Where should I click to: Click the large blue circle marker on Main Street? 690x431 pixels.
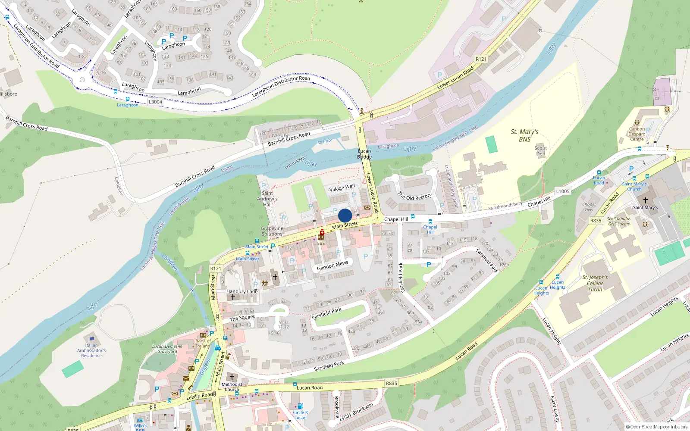[345, 215]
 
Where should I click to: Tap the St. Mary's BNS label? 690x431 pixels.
[524, 135]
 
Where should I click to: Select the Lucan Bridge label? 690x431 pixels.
[364, 154]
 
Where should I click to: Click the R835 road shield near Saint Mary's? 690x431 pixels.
[596, 221]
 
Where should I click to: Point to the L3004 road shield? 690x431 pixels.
[155, 102]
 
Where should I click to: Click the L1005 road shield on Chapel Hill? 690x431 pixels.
[562, 191]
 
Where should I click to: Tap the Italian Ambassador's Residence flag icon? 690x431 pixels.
[91, 339]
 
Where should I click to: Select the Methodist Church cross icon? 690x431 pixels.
[232, 377]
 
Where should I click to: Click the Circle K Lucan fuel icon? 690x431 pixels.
[300, 406]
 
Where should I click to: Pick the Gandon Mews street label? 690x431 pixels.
[332, 265]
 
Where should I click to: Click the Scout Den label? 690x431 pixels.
[540, 151]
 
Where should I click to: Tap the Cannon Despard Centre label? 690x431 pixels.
[637, 134]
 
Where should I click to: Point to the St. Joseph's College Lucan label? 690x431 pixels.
[595, 283]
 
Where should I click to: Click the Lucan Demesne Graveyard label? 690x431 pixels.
[167, 349]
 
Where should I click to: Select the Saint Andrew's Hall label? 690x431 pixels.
[267, 199]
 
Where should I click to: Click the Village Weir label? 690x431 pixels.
[342, 187]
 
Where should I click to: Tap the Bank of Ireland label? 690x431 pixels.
[203, 344]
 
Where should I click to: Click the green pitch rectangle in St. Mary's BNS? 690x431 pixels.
[491, 144]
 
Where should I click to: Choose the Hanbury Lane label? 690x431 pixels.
[242, 291]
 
